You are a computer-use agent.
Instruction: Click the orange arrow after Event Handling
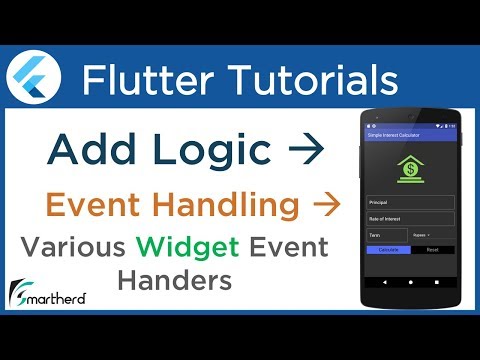(323, 205)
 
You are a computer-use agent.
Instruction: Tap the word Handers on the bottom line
(174, 281)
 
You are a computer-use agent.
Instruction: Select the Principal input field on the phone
(410, 200)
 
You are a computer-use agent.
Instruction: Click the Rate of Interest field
(410, 219)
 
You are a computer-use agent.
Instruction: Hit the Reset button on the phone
(432, 250)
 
